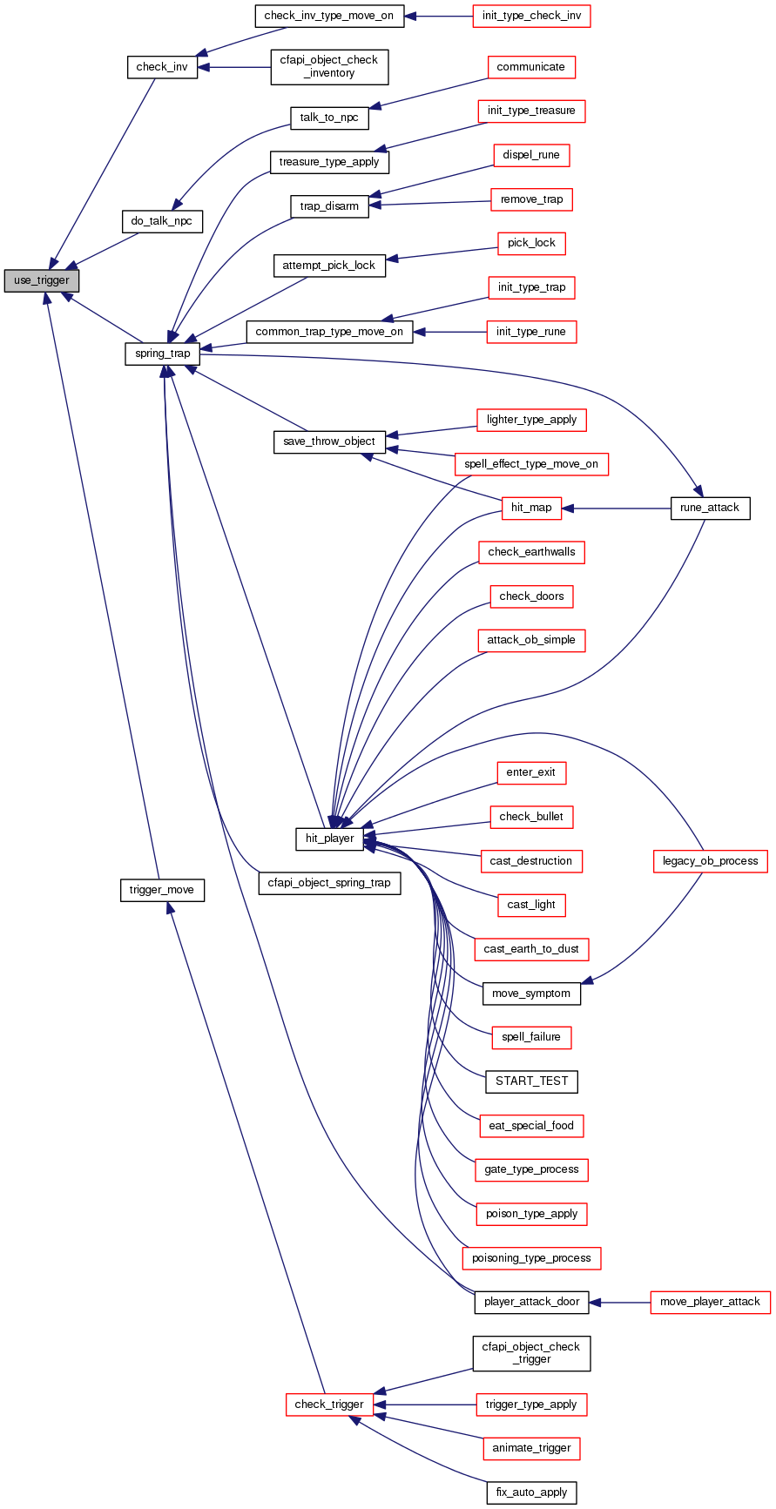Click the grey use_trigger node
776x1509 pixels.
click(x=42, y=280)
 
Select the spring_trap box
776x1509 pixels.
click(x=163, y=354)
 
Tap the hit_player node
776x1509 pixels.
click(x=329, y=839)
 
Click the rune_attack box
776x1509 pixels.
click(x=710, y=508)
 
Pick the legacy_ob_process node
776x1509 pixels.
click(x=710, y=861)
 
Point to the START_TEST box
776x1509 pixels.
click(x=531, y=1081)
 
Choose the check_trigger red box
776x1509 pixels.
click(x=329, y=1404)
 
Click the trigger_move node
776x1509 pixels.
click(x=162, y=890)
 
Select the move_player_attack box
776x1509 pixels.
click(x=710, y=1302)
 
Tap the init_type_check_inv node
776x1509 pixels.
click(x=531, y=16)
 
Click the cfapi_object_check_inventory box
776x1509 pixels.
click(x=329, y=66)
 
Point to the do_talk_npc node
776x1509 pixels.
click(x=162, y=221)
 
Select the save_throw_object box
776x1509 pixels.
click(x=329, y=441)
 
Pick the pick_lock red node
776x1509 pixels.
click(x=531, y=243)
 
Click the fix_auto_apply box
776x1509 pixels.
click(x=531, y=1492)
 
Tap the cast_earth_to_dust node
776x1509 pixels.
click(x=531, y=948)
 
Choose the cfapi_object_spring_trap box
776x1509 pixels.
click(x=329, y=883)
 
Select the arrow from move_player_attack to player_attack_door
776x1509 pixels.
click(x=619, y=1302)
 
